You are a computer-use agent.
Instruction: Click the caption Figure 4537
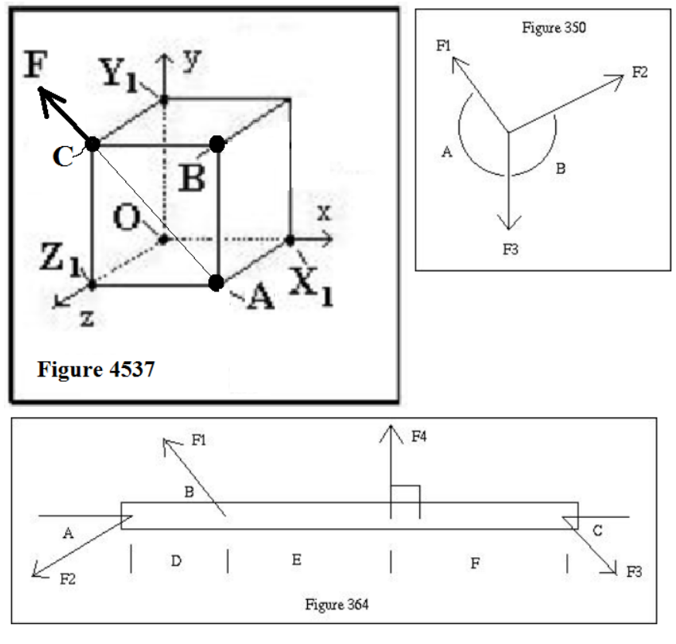coord(96,369)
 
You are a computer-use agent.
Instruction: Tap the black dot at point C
coord(93,144)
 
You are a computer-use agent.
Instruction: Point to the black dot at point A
coord(217,282)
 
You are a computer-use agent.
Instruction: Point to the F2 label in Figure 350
coord(640,73)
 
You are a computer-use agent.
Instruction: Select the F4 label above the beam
coord(419,438)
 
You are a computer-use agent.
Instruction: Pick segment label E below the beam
coord(296,561)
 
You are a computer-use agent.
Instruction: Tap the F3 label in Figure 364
coord(634,573)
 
